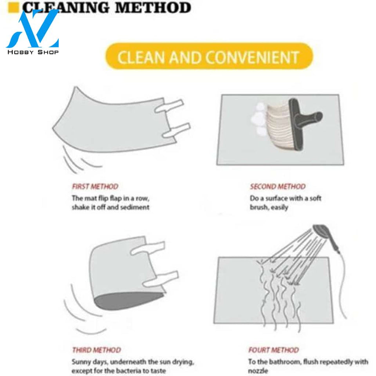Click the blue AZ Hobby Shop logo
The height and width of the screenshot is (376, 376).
(x=33, y=32)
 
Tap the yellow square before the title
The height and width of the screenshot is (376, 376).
(x=13, y=7)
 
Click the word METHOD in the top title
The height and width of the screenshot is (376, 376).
(x=153, y=7)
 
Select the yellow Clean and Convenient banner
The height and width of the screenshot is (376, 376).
(x=209, y=56)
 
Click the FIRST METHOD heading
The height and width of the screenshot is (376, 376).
(x=95, y=186)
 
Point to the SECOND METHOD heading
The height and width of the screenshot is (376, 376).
(x=278, y=186)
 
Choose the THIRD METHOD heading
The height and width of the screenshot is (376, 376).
(x=96, y=350)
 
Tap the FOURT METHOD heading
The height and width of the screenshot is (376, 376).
(x=273, y=350)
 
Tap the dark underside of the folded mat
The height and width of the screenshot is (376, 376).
(x=128, y=301)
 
